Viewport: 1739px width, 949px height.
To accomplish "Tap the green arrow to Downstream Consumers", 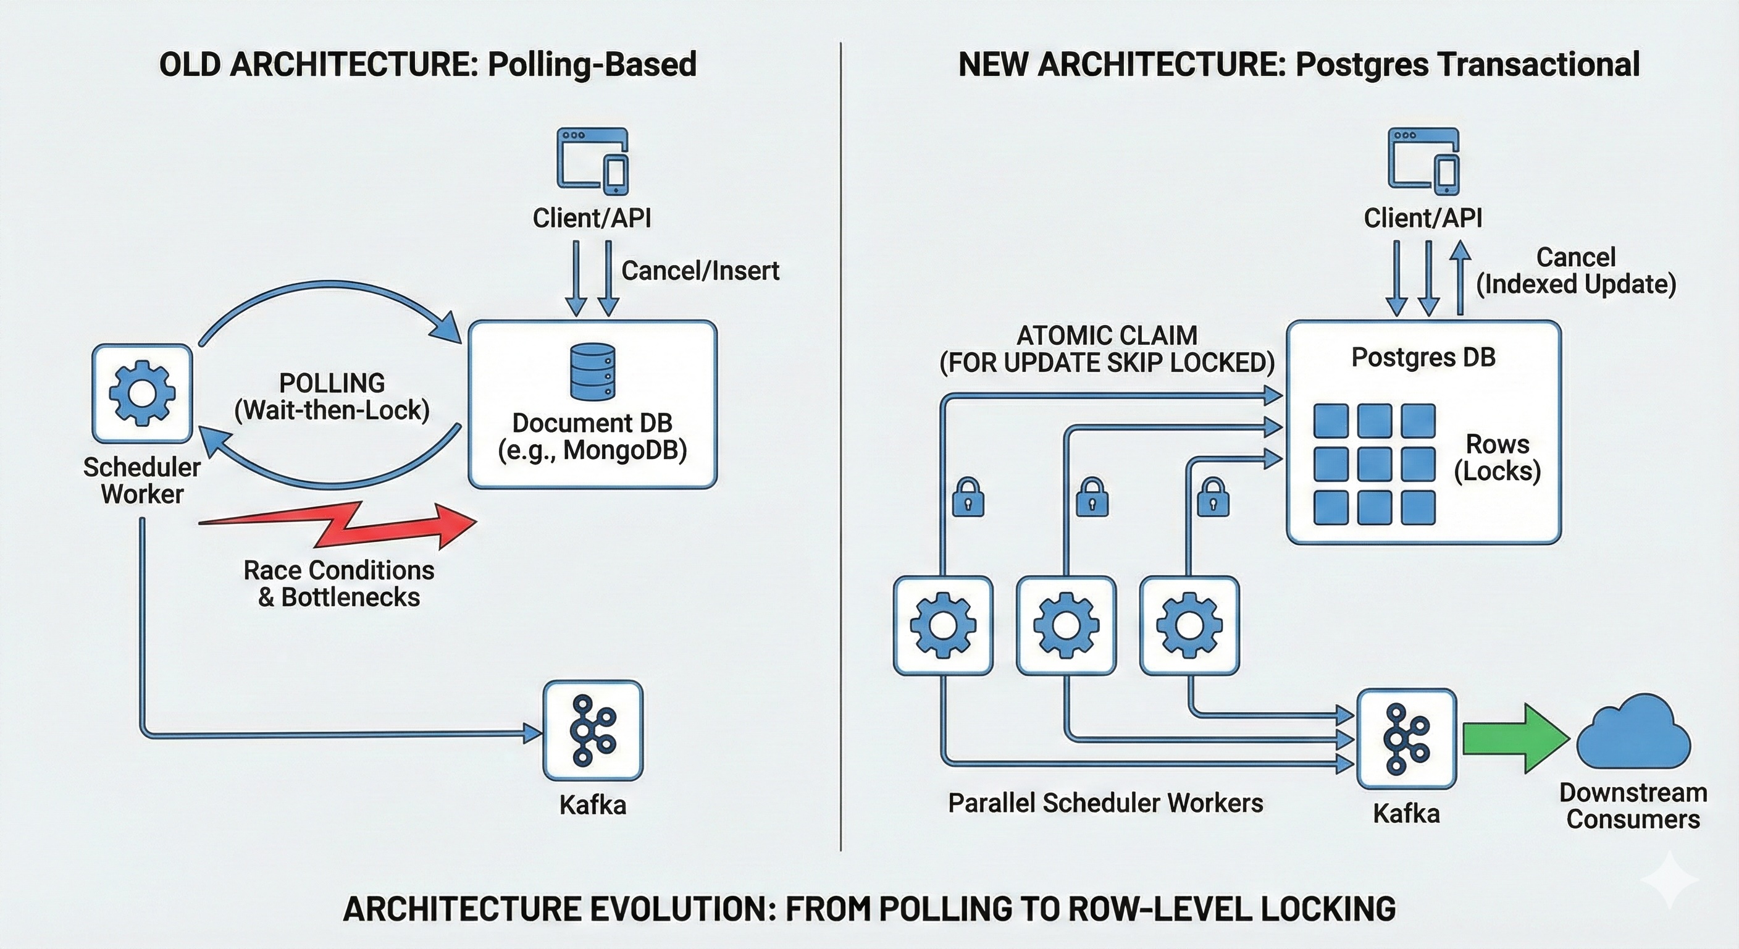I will (1514, 738).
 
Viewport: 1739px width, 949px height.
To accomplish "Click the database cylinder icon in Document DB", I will (592, 371).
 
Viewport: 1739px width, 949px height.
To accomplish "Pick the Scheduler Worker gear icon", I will (143, 393).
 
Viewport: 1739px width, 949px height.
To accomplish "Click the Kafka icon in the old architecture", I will (593, 730).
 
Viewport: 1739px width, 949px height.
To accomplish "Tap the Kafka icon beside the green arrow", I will (1406, 738).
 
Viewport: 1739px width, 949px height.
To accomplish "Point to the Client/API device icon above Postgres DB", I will (1423, 161).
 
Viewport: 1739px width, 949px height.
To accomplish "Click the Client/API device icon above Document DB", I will (592, 161).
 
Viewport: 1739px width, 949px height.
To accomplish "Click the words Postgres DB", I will (1423, 356).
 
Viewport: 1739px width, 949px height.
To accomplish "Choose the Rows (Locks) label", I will (1498, 457).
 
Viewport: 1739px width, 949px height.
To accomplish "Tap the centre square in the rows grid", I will (1375, 464).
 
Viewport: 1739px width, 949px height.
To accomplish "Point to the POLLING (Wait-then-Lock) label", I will (332, 397).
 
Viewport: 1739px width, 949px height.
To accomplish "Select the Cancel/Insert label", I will (700, 270).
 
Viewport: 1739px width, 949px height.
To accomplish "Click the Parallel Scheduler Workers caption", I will (1105, 803).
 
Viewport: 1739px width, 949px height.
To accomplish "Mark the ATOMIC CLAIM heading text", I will (1107, 335).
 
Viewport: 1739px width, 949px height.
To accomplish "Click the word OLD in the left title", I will (190, 65).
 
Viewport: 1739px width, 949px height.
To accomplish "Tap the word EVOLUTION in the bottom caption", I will (682, 908).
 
